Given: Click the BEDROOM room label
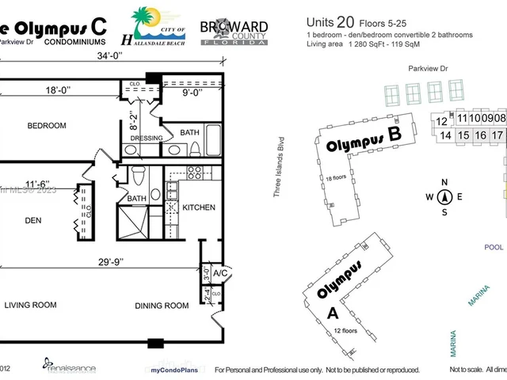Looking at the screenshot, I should pos(47,125).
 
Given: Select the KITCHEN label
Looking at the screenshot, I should pos(199,207).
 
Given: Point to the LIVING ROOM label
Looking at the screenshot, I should pos(33,305).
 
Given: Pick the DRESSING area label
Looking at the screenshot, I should pos(146,138).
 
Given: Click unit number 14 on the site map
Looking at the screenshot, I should pos(445,135).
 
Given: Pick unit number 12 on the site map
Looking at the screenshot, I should pos(442,121).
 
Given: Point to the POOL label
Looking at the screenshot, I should pos(494,247).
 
